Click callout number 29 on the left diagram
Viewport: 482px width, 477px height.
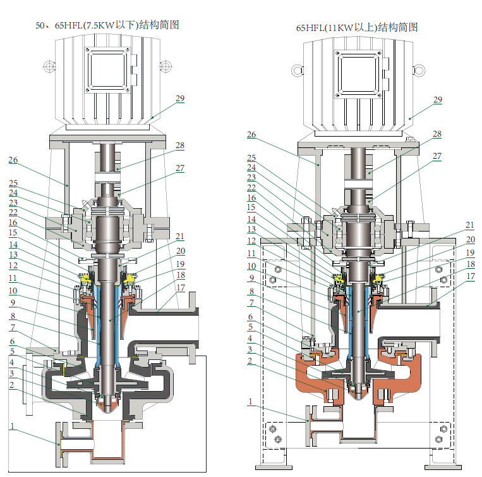point(180,99)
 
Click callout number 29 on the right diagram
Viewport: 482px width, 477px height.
point(437,100)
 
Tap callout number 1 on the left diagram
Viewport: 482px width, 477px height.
point(11,426)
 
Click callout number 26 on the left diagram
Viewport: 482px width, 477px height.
point(13,160)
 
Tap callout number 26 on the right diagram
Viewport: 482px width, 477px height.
point(251,135)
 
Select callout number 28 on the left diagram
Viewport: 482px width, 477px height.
point(180,146)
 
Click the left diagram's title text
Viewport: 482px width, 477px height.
point(107,25)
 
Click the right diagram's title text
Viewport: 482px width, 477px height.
point(357,28)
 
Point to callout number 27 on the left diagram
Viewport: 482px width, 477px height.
point(180,168)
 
